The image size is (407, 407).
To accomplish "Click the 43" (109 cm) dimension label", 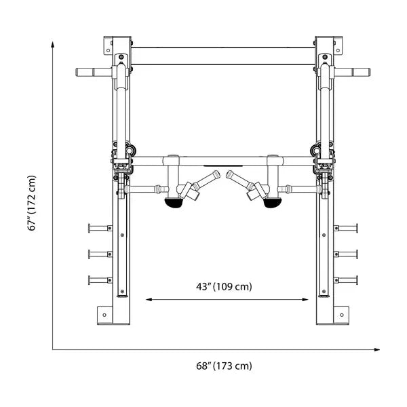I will pyautogui.click(x=224, y=287).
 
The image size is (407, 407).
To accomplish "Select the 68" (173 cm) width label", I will pyautogui.click(x=223, y=366).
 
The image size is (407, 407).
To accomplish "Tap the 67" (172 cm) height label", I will pyautogui.click(x=32, y=203).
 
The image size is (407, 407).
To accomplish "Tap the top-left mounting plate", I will pyautogui.click(x=108, y=45).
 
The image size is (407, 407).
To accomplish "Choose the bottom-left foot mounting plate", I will pyautogui.click(x=104, y=315).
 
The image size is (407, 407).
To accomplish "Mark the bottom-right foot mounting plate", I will pyautogui.click(x=341, y=315).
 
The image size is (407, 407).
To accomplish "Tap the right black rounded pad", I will pyautogui.click(x=273, y=202).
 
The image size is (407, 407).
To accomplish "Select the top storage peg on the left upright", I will pyautogui.click(x=99, y=228).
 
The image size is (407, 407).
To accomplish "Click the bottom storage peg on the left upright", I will pyautogui.click(x=99, y=279).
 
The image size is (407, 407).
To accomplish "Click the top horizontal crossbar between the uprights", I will pyautogui.click(x=223, y=56).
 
